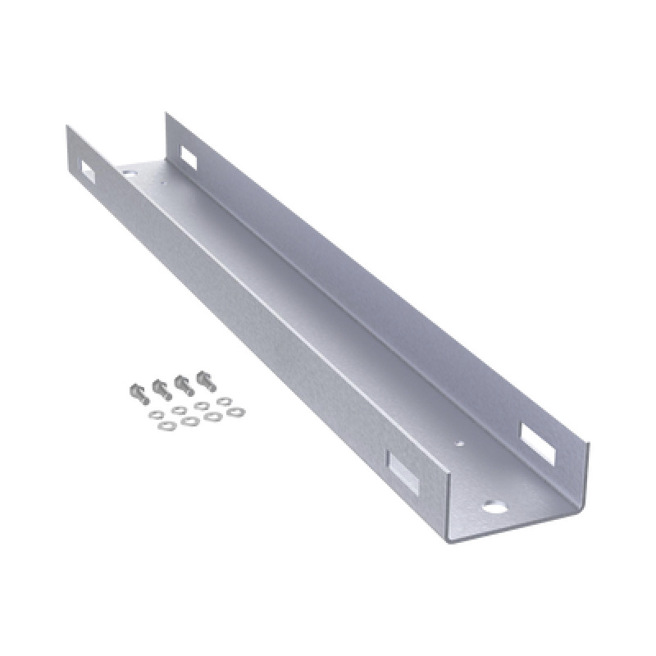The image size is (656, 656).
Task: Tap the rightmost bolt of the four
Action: coord(205,380)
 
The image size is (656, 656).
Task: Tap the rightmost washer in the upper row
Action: coord(224,401)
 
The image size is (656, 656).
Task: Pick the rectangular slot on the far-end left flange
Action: coord(85,169)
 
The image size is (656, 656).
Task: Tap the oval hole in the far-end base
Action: coord(129,173)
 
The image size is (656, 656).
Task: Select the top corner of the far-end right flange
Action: coord(166,113)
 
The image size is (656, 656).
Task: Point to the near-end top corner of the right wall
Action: coord(588,443)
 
